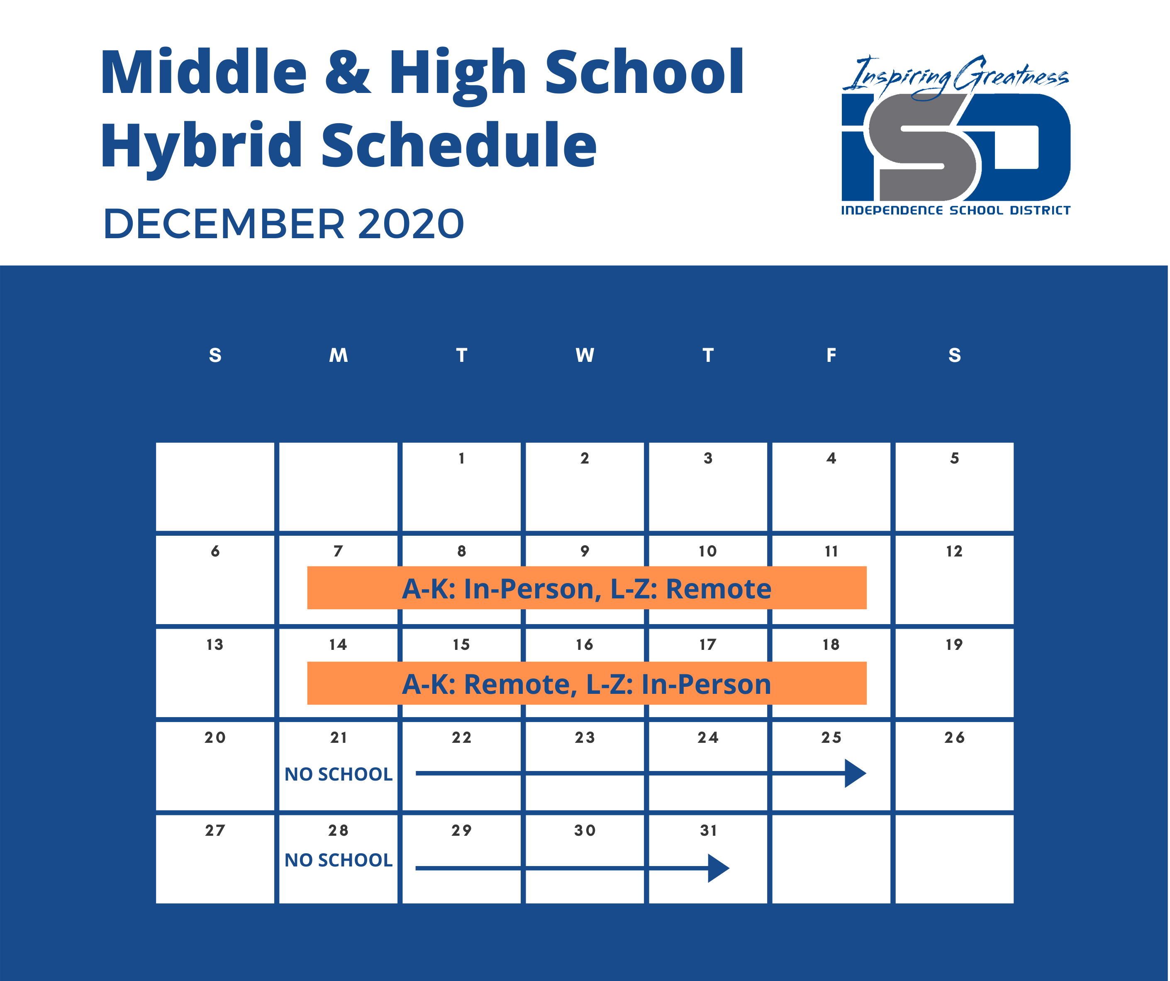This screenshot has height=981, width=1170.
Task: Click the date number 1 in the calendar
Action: [x=461, y=459]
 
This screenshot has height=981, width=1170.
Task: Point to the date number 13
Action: [x=215, y=645]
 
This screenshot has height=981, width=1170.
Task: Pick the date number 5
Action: [x=954, y=459]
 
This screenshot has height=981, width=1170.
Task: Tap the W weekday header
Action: [x=585, y=355]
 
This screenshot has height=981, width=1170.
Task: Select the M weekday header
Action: [x=339, y=355]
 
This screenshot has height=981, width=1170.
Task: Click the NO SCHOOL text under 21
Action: [x=339, y=774]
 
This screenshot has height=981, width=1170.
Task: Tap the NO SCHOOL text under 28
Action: [x=339, y=861]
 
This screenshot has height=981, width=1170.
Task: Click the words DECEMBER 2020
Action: [x=284, y=224]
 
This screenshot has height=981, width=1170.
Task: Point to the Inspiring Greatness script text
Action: [x=955, y=77]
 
